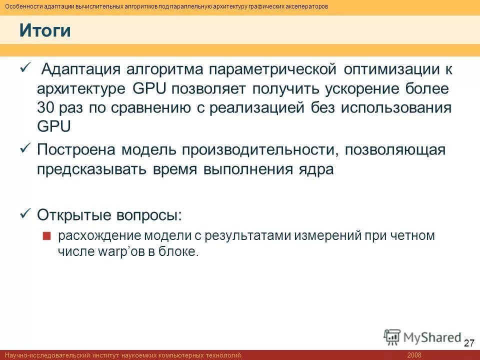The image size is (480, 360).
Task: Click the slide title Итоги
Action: point(45,31)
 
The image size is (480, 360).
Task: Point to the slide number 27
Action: point(468,343)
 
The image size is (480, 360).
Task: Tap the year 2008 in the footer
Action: point(414,355)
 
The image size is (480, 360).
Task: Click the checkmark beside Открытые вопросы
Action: point(25,214)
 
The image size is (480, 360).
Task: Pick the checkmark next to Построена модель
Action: point(25,148)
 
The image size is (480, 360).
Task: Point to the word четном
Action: point(411,235)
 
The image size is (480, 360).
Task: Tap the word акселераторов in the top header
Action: point(303,6)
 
